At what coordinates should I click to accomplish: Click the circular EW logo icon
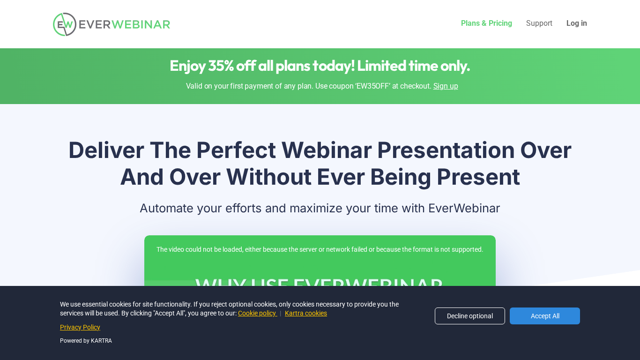click(65, 24)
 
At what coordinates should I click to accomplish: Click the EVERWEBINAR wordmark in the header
click(124, 24)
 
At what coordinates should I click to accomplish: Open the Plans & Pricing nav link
click(486, 23)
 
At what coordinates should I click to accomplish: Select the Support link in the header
click(539, 23)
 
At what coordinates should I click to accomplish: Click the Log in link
click(576, 23)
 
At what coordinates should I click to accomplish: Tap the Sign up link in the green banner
click(446, 86)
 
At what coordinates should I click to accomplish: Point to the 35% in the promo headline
click(221, 66)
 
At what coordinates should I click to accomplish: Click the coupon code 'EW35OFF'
click(373, 86)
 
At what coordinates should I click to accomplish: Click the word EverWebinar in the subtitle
click(464, 208)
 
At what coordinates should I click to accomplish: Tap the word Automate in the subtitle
click(166, 208)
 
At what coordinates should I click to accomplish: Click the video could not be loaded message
click(320, 249)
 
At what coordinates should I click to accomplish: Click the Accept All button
click(544, 316)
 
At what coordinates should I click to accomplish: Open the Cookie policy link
click(257, 313)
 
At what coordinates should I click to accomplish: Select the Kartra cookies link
click(305, 313)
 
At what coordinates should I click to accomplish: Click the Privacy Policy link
click(80, 327)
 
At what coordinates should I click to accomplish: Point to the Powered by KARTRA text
click(86, 341)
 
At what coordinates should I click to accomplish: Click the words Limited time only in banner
click(413, 66)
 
